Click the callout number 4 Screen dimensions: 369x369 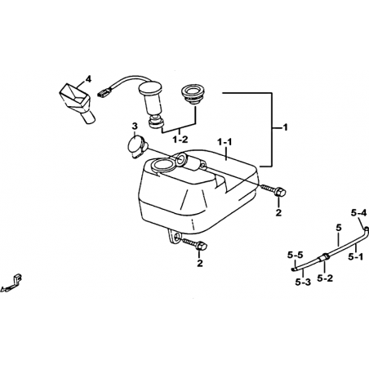pos(88,79)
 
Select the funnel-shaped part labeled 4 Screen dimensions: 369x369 pos(77,103)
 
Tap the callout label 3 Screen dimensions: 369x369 pos(135,127)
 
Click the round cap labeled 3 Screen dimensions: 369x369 pos(137,146)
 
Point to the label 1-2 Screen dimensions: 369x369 pos(180,140)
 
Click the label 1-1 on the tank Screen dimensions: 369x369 pos(225,142)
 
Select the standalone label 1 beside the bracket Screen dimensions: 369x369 pos(285,127)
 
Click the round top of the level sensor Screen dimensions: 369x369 pos(150,89)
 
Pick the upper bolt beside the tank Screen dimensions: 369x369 pos(273,191)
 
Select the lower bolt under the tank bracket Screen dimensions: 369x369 pos(194,244)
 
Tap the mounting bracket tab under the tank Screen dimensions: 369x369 pos(175,237)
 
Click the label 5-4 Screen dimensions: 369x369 pos(359,213)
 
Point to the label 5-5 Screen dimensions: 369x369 pos(296,256)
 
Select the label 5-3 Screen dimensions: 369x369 pos(303,282)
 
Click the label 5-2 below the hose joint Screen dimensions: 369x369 pos(325,278)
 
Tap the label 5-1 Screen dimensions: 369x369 pos(356,256)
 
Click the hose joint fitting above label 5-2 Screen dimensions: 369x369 pos(324,256)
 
